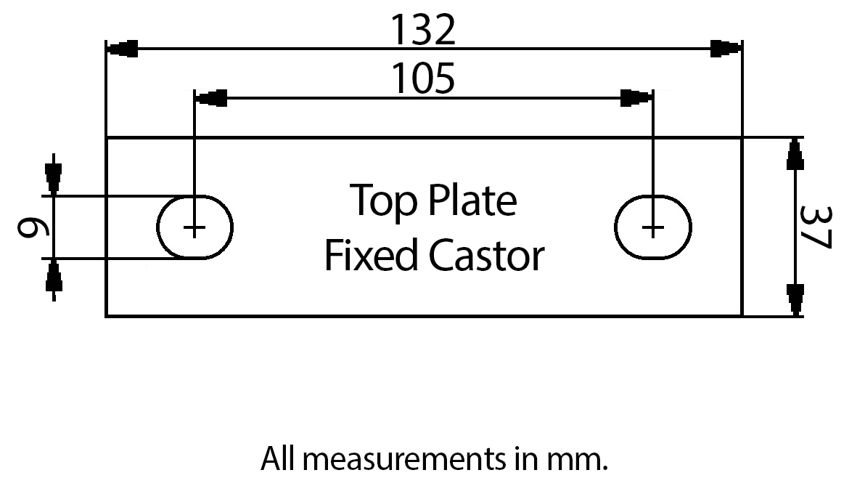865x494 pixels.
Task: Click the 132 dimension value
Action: tap(423, 30)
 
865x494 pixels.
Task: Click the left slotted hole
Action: tap(194, 227)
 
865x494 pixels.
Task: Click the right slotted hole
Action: tap(653, 227)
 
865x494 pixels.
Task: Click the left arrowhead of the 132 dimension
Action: tap(122, 49)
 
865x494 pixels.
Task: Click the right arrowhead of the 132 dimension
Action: tap(726, 49)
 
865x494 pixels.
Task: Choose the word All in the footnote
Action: tap(275, 459)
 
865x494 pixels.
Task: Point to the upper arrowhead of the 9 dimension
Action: tap(53, 174)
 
